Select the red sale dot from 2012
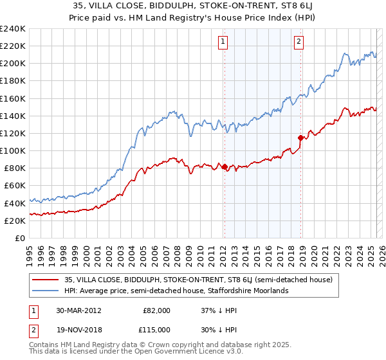225,166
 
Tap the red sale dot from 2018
300,138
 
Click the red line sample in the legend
46,280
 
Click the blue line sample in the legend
46,291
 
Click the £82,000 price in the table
157,310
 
